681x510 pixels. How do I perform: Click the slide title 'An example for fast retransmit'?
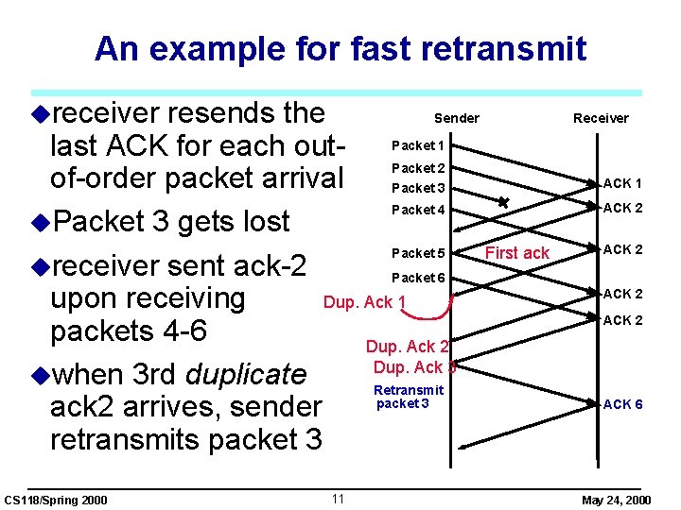[x=340, y=48]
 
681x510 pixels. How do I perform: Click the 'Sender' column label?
[x=456, y=118]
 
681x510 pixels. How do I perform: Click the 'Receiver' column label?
[x=601, y=118]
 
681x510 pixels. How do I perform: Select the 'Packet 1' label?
[x=417, y=145]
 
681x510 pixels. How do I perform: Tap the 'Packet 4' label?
[x=417, y=210]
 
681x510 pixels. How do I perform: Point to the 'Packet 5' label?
[x=418, y=253]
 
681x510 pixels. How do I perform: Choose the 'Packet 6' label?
[x=418, y=278]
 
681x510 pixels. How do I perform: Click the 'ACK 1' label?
[x=622, y=183]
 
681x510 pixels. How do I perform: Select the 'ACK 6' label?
[x=622, y=404]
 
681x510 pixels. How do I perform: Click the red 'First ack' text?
[x=516, y=253]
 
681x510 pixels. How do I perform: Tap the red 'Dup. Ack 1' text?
[x=365, y=302]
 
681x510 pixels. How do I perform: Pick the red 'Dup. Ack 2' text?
[x=407, y=347]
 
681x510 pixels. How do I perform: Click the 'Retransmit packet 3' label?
[x=408, y=397]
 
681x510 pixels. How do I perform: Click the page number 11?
[x=338, y=499]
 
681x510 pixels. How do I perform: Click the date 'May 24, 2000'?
[x=616, y=500]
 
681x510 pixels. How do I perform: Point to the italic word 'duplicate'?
[x=246, y=374]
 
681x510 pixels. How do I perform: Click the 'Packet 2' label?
[x=417, y=168]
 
